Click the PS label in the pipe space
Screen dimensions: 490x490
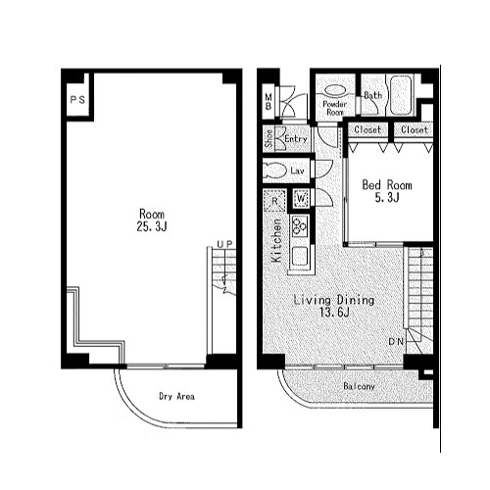pyautogui.click(x=77, y=99)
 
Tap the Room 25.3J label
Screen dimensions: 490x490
pyautogui.click(x=152, y=220)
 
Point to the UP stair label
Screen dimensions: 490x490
pyautogui.click(x=224, y=244)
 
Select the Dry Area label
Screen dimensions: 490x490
pyautogui.click(x=176, y=397)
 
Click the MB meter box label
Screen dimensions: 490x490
pyautogui.click(x=269, y=102)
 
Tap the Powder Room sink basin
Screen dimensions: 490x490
pyautogui.click(x=335, y=90)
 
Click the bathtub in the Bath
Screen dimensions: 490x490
pyautogui.click(x=401, y=95)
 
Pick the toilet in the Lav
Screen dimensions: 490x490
pyautogui.click(x=274, y=171)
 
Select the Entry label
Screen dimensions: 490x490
pyautogui.click(x=296, y=139)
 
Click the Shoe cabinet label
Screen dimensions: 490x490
pyautogui.click(x=269, y=138)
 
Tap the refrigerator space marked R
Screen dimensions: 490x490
pyautogui.click(x=274, y=201)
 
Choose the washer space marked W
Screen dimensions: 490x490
pyautogui.click(x=301, y=198)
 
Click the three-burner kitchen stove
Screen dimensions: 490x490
pyautogui.click(x=300, y=226)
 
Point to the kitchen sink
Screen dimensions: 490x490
pyautogui.click(x=300, y=256)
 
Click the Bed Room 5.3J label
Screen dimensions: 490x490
pyautogui.click(x=387, y=191)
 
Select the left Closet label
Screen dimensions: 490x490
pyautogui.click(x=367, y=130)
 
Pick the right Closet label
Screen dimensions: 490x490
pyautogui.click(x=415, y=130)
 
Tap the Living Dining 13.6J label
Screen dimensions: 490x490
pyautogui.click(x=334, y=306)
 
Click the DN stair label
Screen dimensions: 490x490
pyautogui.click(x=396, y=342)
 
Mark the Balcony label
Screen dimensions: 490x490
pyautogui.click(x=359, y=386)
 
